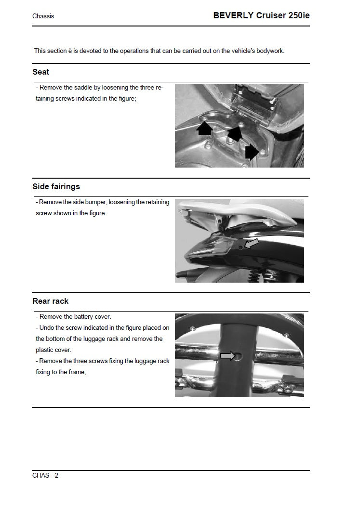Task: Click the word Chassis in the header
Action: [x=43, y=16]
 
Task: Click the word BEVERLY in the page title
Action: [x=233, y=15]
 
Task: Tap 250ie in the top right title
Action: [x=297, y=15]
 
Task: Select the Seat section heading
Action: [x=40, y=72]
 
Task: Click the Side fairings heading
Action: [x=56, y=186]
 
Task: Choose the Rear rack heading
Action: [x=50, y=301]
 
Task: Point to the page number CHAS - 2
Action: [x=45, y=476]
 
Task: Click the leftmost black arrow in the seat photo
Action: [x=205, y=128]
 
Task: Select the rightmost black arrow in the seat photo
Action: [x=252, y=152]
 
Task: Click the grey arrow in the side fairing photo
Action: [x=252, y=244]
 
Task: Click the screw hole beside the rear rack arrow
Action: [x=239, y=356]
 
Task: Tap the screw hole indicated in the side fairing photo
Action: [x=241, y=247]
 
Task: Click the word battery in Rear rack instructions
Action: [x=85, y=317]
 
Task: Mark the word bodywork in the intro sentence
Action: [x=269, y=51]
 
